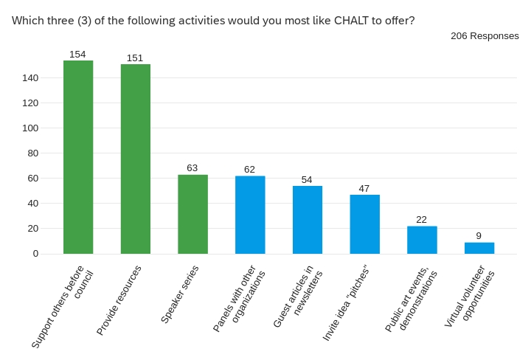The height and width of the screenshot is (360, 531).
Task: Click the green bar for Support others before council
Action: click(x=78, y=157)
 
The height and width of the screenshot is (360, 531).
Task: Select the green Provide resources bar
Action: click(x=136, y=159)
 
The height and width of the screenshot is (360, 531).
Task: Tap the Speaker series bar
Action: click(x=192, y=214)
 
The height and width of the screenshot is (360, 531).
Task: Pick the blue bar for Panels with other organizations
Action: click(x=250, y=215)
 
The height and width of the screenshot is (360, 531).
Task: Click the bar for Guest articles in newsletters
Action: click(x=308, y=220)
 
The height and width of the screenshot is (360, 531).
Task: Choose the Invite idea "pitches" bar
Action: click(x=364, y=224)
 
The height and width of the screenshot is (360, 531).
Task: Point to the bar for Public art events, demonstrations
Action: click(x=422, y=240)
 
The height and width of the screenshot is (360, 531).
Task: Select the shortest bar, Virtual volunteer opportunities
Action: click(x=479, y=248)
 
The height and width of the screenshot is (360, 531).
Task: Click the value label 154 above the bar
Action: click(x=78, y=55)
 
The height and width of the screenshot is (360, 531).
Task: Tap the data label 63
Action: click(x=192, y=168)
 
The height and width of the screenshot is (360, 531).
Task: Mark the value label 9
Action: click(x=479, y=236)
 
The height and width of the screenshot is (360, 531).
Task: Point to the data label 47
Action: click(x=364, y=189)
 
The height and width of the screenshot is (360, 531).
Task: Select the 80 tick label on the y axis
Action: click(x=33, y=153)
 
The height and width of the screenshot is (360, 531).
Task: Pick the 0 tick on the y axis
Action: click(x=35, y=254)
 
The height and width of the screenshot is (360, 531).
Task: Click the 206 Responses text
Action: click(x=485, y=35)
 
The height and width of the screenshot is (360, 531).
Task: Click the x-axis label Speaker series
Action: click(x=179, y=295)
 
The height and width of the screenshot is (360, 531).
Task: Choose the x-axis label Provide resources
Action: click(x=119, y=300)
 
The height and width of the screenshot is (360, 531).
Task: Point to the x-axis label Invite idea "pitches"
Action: click(x=346, y=302)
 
